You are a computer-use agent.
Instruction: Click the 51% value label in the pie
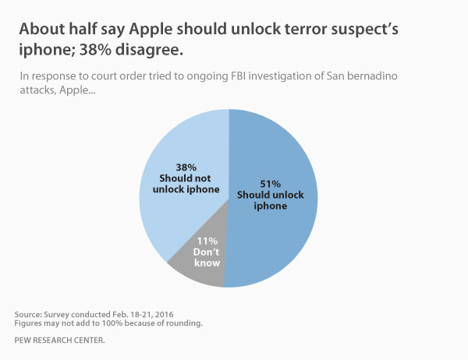pyautogui.click(x=269, y=183)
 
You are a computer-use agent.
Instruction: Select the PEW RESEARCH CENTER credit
pyautogui.click(x=58, y=341)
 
